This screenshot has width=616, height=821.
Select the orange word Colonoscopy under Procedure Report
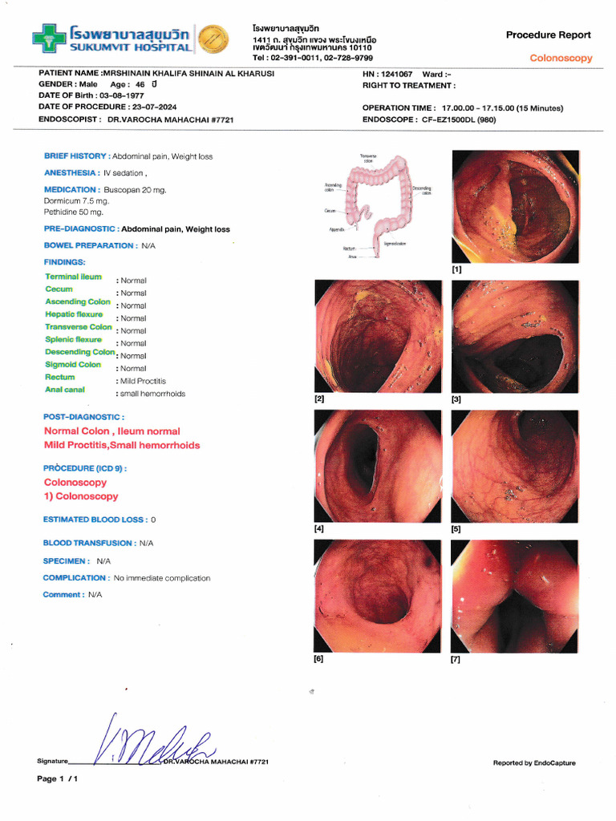561,59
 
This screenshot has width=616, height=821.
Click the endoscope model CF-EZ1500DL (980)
464,119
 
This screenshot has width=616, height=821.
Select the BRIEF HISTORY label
75,156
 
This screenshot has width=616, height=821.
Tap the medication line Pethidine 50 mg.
74,212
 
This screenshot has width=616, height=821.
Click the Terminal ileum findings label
73,277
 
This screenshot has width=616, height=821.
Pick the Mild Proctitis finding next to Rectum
143,381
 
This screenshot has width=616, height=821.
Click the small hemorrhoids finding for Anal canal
152,394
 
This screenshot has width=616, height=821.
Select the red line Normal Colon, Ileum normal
112,431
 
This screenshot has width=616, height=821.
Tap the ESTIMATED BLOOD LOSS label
94,520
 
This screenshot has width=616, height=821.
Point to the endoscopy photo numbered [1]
515,207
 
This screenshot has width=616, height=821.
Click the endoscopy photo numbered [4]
378,466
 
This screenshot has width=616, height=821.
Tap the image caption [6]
318,659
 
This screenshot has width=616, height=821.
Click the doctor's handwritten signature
152,742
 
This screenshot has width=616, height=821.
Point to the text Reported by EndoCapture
534,763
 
